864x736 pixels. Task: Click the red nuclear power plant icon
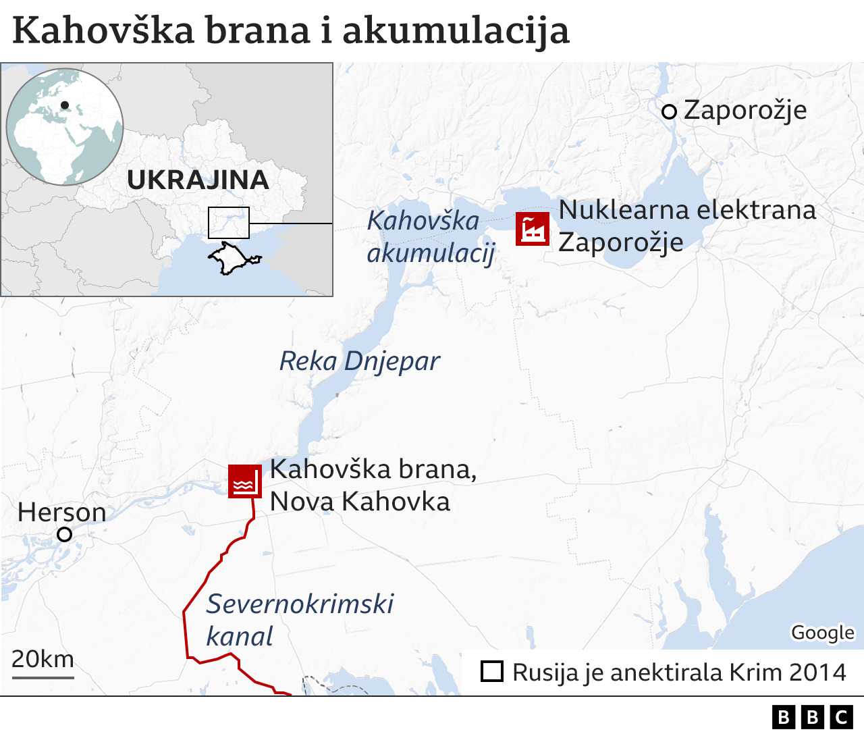click(x=533, y=229)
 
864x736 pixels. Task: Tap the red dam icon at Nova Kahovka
click(x=244, y=481)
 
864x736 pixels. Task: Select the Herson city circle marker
click(x=65, y=535)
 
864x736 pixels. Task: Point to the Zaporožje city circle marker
click(x=669, y=112)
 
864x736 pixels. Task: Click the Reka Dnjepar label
click(x=359, y=362)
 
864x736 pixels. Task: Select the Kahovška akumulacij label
click(x=430, y=237)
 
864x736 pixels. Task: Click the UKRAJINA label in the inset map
click(x=198, y=180)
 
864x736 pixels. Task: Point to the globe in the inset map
click(x=65, y=126)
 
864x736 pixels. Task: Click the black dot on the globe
click(x=65, y=105)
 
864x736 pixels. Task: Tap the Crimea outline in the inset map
click(x=233, y=259)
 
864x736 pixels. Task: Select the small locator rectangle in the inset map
click(x=229, y=223)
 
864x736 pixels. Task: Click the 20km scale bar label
click(x=43, y=659)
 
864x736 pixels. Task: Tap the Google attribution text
click(x=823, y=633)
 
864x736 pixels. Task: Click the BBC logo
click(x=812, y=717)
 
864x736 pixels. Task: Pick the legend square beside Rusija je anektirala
click(x=492, y=672)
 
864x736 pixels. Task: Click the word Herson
click(x=62, y=512)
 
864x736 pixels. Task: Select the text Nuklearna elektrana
click(x=687, y=210)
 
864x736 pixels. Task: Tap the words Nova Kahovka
click(x=360, y=502)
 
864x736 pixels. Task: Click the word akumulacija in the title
click(x=456, y=31)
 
